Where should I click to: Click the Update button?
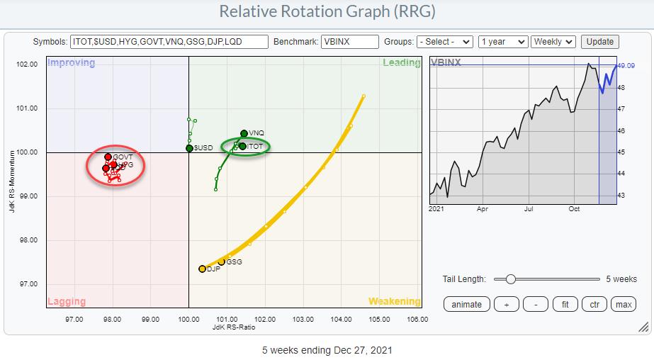[599, 42]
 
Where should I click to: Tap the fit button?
[564, 304]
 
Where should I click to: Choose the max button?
[624, 304]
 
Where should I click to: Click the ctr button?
[594, 304]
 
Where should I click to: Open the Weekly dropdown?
[554, 42]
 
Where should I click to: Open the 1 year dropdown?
[502, 42]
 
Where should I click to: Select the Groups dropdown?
[445, 42]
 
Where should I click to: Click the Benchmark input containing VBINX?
[349, 42]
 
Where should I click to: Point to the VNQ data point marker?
[244, 133]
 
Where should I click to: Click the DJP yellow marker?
[202, 269]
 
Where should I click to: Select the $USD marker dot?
[189, 148]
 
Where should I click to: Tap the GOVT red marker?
[108, 157]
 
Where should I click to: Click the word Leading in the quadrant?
[402, 62]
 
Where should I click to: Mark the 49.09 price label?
[626, 66]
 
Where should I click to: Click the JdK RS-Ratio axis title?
[233, 327]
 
